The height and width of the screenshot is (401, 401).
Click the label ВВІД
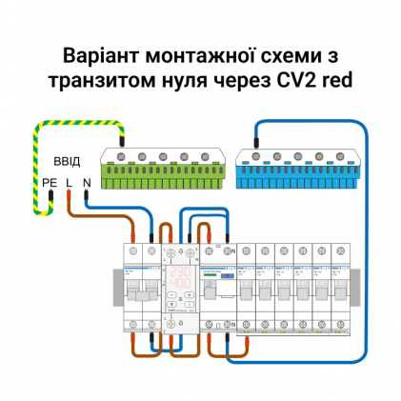67,161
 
